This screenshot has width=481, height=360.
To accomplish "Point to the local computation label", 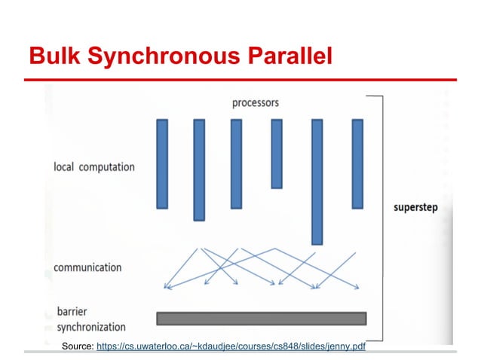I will click(94, 166).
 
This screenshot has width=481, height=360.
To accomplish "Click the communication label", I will click(87, 267).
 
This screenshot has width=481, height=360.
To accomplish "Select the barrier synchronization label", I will click(90, 319).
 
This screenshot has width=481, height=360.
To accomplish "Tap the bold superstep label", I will click(415, 207).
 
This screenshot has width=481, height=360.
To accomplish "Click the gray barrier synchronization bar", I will click(261, 318).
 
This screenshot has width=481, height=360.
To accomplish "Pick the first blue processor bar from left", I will click(162, 163).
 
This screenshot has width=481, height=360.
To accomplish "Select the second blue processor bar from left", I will click(199, 169).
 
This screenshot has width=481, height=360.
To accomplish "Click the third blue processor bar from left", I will click(236, 163).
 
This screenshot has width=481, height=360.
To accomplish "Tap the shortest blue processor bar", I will click(277, 154).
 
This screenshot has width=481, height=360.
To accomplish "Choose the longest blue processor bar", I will click(317, 182).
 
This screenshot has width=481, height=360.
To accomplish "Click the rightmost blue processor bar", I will click(357, 163).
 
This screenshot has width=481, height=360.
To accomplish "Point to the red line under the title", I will click(240, 78).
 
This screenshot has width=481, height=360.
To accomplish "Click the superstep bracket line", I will click(383, 218).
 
